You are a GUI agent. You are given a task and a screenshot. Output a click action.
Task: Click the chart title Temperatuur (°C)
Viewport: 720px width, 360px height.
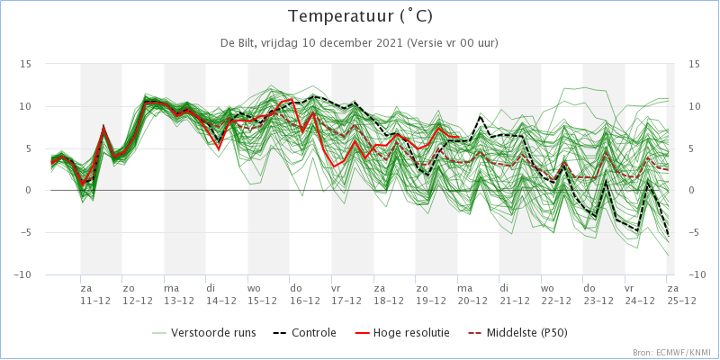pyautogui.click(x=360, y=16)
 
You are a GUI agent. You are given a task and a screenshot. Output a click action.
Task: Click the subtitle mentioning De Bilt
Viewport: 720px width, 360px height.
pyautogui.click(x=360, y=43)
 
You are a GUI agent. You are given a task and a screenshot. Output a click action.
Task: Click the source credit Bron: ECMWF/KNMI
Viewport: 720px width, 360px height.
pyautogui.click(x=671, y=353)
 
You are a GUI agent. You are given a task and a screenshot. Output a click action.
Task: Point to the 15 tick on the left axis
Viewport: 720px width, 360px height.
pyautogui.click(x=26, y=64)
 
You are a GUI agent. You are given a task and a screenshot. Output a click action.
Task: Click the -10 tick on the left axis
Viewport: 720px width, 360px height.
pyautogui.click(x=23, y=274)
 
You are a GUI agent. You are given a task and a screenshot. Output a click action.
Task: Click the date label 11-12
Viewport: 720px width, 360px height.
pyautogui.click(x=94, y=301)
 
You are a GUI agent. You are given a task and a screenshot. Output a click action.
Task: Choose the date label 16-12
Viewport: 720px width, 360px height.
pyautogui.click(x=304, y=301)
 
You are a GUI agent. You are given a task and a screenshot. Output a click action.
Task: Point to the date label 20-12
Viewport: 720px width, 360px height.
pyautogui.click(x=472, y=301)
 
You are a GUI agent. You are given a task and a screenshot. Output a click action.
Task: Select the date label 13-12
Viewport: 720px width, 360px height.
pyautogui.click(x=178, y=301)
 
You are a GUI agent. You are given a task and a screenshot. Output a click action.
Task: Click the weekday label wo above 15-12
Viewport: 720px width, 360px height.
pyautogui.click(x=255, y=289)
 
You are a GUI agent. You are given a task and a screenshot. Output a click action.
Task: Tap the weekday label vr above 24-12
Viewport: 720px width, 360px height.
pyautogui.click(x=630, y=289)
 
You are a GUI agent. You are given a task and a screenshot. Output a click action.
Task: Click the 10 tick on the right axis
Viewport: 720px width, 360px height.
pyautogui.click(x=693, y=106)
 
